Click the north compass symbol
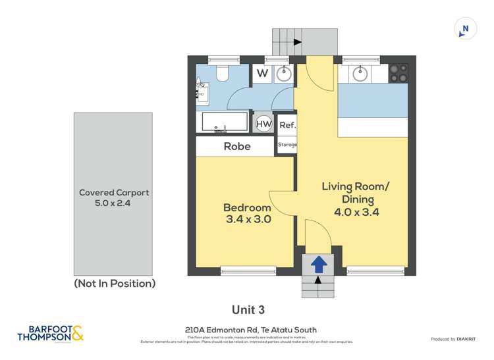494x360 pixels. [x=465, y=28]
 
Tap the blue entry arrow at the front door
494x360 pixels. [x=318, y=264]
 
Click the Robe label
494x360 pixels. [x=237, y=146]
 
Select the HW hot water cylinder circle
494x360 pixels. [x=263, y=123]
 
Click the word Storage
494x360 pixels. [x=287, y=145]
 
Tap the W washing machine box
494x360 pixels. [x=262, y=73]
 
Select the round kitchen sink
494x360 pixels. [x=360, y=72]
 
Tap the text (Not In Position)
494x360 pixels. [x=115, y=284]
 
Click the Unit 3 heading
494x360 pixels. [x=248, y=309]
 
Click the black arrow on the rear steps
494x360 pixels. [x=298, y=41]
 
